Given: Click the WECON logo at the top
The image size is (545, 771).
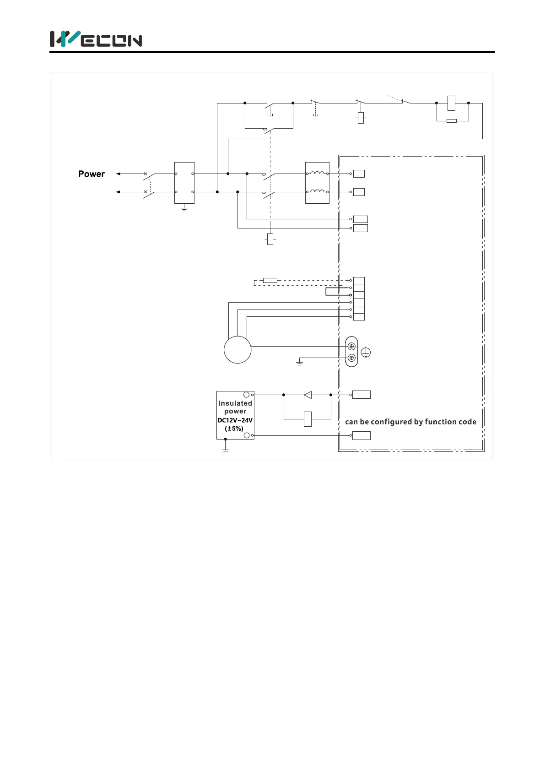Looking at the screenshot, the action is [x=96, y=39].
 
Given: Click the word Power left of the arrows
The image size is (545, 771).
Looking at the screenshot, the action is [x=92, y=174].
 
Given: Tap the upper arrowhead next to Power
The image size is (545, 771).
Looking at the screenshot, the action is [x=118, y=174].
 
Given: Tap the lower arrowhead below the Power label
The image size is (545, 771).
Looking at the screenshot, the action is [x=118, y=192].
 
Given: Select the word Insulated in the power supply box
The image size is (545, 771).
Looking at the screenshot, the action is [x=235, y=403].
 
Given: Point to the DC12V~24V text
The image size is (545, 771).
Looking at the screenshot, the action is [x=235, y=420].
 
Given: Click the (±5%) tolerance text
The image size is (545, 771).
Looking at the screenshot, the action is [x=234, y=429].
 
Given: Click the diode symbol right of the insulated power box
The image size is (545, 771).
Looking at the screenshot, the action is [x=308, y=395].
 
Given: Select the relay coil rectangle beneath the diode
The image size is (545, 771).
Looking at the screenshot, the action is [x=308, y=419].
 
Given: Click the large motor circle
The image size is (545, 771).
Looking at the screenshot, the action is [x=237, y=350].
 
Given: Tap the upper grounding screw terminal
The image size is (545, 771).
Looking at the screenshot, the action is [x=351, y=347].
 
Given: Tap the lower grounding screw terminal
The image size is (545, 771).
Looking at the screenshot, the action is [x=351, y=358].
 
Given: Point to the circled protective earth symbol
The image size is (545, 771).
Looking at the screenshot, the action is [x=366, y=353].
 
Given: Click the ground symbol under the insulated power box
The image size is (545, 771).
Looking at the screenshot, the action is [x=225, y=451].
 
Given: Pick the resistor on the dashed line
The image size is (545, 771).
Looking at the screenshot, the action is [x=270, y=280].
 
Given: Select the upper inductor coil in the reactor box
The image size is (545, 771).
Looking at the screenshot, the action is [x=318, y=173].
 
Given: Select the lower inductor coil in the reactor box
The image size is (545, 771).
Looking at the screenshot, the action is [x=318, y=191].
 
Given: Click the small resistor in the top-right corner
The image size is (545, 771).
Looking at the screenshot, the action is [x=451, y=121].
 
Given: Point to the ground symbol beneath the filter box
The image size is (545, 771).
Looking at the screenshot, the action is [x=184, y=208].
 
